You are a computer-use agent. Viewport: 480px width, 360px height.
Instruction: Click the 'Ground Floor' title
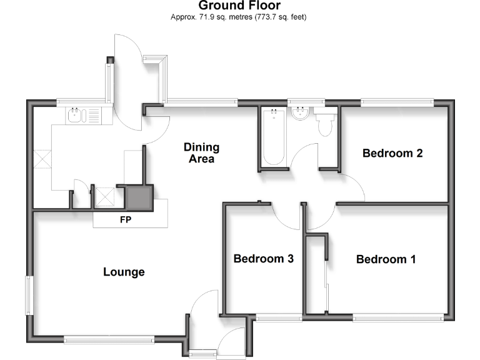coord(239,6)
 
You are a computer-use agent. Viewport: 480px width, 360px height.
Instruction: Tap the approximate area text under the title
coord(239,17)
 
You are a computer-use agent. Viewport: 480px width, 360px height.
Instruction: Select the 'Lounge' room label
coord(124,272)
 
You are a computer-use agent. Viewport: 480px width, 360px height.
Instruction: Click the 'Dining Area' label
coord(201,153)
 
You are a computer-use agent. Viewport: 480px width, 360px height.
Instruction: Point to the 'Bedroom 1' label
coord(386,259)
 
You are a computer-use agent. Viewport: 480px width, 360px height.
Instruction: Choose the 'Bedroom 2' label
coord(392,153)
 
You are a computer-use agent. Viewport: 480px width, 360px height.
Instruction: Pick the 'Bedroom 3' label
coord(263,259)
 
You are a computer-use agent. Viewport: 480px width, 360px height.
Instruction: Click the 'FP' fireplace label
coord(126,220)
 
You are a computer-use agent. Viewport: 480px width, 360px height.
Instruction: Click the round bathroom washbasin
coord(301,114)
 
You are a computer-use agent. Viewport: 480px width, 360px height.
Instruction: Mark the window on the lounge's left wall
coord(28,294)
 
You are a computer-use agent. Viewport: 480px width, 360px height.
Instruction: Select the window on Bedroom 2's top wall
coord(397,101)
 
